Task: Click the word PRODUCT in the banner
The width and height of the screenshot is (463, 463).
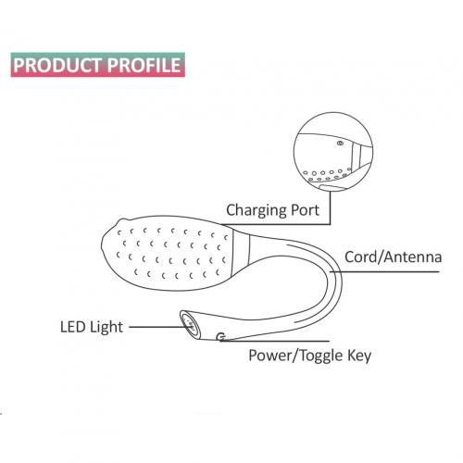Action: (x=57, y=65)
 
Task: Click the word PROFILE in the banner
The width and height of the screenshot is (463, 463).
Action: (x=144, y=65)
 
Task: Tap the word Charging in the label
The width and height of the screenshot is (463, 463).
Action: (x=253, y=210)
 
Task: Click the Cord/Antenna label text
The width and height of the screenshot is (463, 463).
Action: (x=393, y=257)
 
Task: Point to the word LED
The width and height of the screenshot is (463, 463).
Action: (x=72, y=327)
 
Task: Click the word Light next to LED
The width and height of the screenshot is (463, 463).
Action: (x=106, y=328)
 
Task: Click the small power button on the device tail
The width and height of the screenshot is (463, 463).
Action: (x=221, y=337)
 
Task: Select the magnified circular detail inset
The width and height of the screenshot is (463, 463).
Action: (x=333, y=152)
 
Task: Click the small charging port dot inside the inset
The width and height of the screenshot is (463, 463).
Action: (x=340, y=143)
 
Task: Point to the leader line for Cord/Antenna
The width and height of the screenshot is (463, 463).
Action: (x=384, y=272)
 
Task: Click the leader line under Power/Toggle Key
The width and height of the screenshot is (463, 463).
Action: (x=275, y=341)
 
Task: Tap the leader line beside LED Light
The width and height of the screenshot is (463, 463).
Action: (x=157, y=327)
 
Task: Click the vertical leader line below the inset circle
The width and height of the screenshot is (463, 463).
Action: (x=330, y=207)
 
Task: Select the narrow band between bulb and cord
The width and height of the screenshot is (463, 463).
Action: (x=241, y=247)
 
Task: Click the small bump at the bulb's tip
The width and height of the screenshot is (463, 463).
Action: (x=123, y=220)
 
